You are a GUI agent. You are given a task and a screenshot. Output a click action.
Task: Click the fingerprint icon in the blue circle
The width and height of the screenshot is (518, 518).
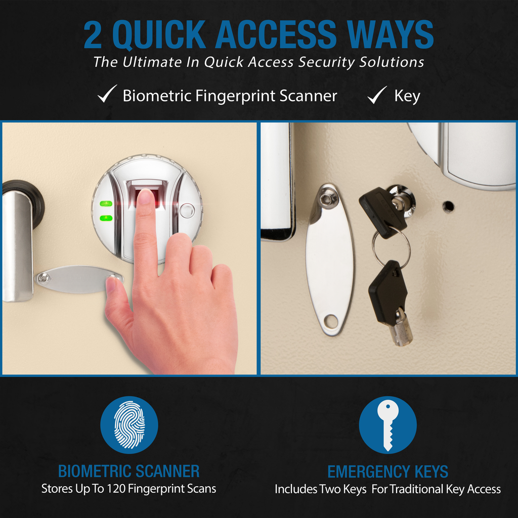[129, 424]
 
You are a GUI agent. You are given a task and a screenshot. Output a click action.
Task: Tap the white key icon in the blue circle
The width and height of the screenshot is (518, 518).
[388, 425]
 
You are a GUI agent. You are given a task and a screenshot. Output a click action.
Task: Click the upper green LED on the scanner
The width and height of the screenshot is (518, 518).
[106, 203]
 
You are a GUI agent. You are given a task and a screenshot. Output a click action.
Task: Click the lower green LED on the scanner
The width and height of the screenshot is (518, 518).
[106, 218]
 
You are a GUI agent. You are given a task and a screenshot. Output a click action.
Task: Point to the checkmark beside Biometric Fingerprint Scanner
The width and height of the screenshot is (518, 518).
[107, 94]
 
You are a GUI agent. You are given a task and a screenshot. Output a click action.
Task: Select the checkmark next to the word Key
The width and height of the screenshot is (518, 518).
[377, 95]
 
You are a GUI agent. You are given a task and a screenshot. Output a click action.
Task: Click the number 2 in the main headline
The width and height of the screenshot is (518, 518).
[93, 35]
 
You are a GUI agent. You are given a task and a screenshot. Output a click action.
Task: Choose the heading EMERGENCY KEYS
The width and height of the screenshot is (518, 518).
[387, 471]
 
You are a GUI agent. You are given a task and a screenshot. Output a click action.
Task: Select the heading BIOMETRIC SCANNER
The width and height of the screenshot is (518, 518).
[129, 471]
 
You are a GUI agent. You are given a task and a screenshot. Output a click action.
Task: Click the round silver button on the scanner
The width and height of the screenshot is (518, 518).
[187, 211]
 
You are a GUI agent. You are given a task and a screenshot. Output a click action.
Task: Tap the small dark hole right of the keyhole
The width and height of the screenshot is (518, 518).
[448, 207]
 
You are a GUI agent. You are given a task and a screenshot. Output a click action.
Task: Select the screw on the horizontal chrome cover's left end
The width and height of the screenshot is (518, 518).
[43, 279]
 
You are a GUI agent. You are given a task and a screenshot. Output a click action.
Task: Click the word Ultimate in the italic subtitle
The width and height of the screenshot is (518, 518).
[152, 62]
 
